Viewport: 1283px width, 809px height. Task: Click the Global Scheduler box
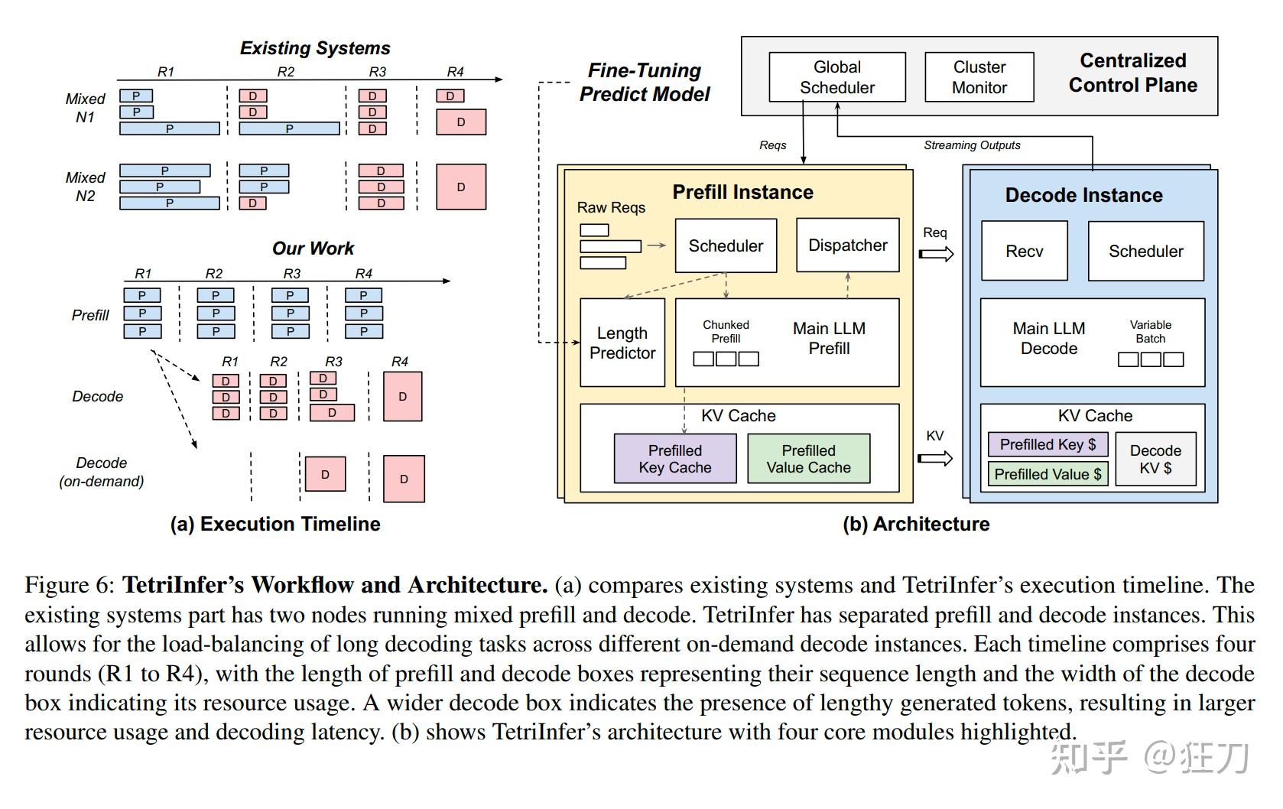coord(836,77)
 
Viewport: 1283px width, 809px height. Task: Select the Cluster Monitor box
coord(979,77)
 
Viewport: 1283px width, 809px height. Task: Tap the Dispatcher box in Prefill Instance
coord(847,245)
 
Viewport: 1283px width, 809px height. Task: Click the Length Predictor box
coord(622,343)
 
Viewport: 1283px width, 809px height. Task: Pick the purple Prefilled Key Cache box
coord(674,459)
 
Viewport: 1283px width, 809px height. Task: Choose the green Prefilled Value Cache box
coord(808,459)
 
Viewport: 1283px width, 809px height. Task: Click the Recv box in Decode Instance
coord(1024,252)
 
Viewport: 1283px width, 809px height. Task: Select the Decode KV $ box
coord(1155,459)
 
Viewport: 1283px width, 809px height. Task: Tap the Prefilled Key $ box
coord(1048,444)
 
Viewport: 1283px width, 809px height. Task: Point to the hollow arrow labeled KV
coord(936,458)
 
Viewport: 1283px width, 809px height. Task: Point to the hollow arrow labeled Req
coord(936,254)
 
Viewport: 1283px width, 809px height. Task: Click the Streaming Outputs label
coord(971,145)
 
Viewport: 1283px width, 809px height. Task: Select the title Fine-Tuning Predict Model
coord(645,83)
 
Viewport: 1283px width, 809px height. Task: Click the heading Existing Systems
coord(315,48)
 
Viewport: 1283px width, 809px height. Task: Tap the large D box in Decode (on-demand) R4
coord(404,479)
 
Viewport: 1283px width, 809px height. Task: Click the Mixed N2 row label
coord(85,187)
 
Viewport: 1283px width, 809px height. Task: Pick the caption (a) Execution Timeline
coord(275,524)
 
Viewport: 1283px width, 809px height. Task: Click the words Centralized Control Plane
coord(1132,73)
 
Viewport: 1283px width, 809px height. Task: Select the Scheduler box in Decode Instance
coord(1145,252)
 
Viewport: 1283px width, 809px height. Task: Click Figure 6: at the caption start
coord(69,586)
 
